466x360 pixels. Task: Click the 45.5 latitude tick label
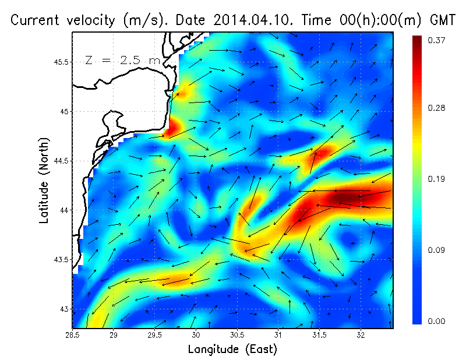[61, 62]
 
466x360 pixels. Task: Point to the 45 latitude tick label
[65, 111]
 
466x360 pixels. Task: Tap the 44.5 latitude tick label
[61, 161]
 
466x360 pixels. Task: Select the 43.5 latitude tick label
[61, 259]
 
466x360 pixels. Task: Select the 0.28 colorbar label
[437, 108]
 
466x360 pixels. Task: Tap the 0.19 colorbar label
[437, 179]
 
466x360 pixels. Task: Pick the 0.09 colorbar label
[437, 250]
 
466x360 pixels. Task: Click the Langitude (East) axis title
[232, 350]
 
